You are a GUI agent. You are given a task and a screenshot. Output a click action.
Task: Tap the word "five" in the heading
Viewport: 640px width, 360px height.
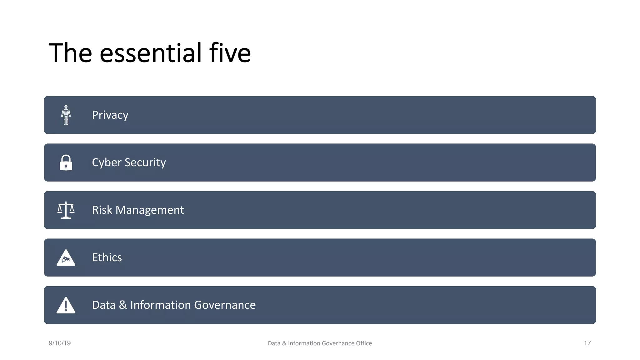point(230,53)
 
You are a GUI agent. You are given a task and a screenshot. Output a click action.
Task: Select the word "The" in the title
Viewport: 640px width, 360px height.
point(70,53)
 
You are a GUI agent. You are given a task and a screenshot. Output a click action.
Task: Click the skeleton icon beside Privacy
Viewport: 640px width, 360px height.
point(66,115)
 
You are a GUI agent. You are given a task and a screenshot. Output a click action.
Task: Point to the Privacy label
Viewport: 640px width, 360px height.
point(110,115)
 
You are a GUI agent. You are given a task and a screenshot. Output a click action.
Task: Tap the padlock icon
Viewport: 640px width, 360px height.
point(66,162)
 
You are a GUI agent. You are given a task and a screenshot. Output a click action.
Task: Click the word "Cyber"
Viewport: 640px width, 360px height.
point(107,162)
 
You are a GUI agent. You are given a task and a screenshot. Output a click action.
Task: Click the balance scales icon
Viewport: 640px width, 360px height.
point(66,210)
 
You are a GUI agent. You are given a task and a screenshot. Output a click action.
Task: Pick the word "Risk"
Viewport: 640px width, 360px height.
point(102,210)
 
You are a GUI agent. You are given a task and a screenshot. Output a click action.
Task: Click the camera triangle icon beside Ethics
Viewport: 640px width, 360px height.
point(66,258)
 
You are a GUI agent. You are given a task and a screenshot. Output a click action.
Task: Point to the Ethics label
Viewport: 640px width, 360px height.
point(107,257)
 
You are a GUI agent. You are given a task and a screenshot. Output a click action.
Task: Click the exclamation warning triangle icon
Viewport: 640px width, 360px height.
point(66,306)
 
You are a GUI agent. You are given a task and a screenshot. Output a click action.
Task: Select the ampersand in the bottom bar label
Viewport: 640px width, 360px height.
point(123,305)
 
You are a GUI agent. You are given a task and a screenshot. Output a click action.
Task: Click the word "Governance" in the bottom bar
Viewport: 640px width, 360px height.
point(225,305)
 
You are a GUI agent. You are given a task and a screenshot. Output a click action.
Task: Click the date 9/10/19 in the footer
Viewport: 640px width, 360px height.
point(60,343)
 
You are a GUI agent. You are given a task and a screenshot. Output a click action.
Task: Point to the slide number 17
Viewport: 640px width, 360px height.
point(587,343)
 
